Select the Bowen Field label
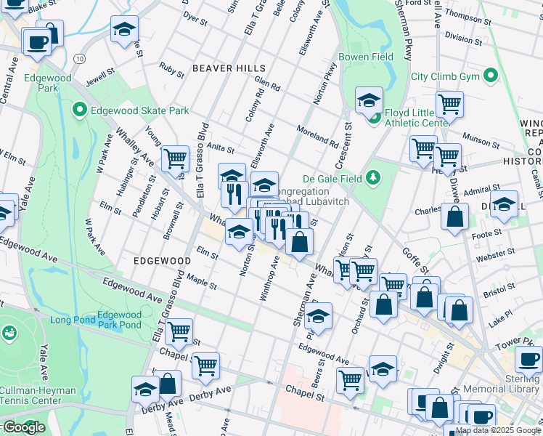366,57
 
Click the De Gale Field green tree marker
373,177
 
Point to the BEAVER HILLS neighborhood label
229,68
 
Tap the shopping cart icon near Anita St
175,158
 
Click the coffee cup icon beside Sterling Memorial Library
528,358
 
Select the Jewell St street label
100,76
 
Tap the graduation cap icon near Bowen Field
369,100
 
